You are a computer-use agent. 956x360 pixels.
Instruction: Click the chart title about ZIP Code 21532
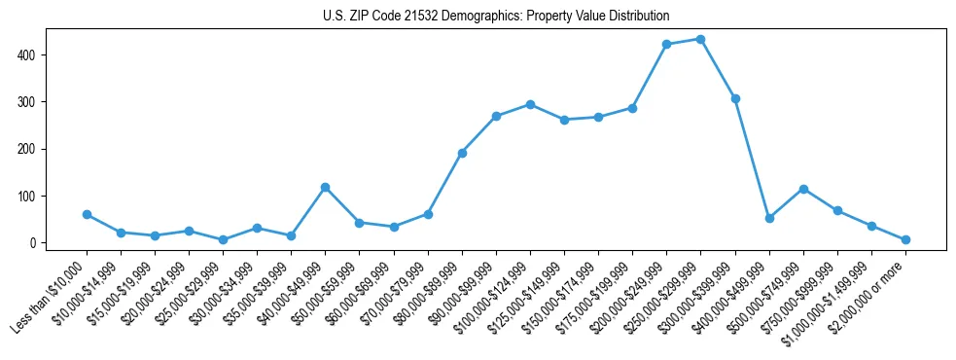496,17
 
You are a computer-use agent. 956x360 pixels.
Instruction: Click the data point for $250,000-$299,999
701,39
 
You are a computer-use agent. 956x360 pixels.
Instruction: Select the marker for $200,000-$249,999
667,45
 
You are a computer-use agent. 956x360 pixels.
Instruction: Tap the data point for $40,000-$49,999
325,187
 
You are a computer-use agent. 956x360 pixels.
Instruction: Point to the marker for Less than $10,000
87,214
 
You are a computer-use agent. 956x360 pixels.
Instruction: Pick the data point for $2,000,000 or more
905,239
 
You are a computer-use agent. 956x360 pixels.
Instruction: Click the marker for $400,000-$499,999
769,218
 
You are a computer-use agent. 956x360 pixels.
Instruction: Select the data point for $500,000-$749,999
803,189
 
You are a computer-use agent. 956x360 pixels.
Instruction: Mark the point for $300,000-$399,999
735,98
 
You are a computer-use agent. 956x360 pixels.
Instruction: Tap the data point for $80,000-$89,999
462,153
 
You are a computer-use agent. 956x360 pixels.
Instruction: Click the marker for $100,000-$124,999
530,104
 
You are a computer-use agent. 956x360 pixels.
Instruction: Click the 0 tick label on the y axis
34,242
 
